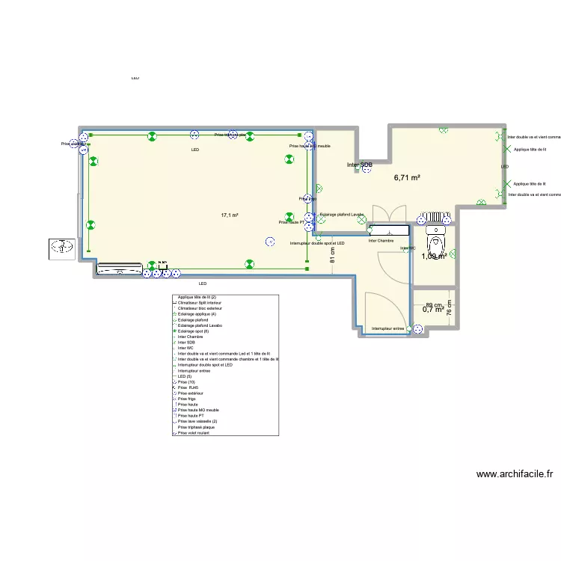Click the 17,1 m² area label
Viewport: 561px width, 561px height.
[x=229, y=215]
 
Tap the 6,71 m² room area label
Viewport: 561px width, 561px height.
[x=407, y=178]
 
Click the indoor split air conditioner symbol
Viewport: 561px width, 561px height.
[x=119, y=268]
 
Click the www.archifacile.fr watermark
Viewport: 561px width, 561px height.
[x=515, y=473]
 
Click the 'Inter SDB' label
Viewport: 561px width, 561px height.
[x=359, y=165]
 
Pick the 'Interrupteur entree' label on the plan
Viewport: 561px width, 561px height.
[x=387, y=328]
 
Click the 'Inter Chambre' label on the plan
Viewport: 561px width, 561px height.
[x=381, y=241]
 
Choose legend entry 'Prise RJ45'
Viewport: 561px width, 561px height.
[x=191, y=387]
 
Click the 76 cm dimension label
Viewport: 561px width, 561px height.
[x=449, y=308]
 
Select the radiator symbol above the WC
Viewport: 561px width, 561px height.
[x=435, y=218]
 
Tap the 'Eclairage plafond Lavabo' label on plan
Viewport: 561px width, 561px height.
[x=341, y=215]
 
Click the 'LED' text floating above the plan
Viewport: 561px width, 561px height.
[x=135, y=78]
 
